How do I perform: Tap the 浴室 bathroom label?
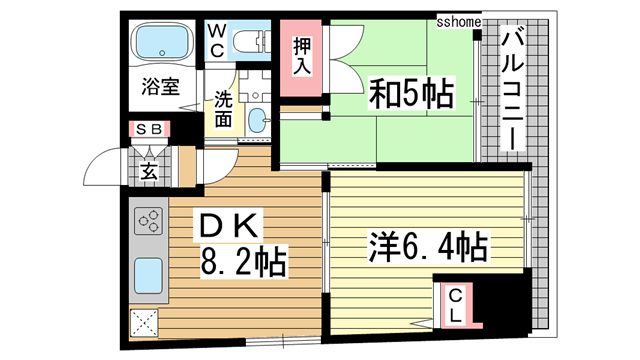[161, 87]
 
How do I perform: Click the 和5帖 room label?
[410, 97]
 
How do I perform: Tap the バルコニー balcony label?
[513, 90]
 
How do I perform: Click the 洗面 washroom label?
[222, 110]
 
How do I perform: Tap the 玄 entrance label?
[149, 169]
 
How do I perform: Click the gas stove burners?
[150, 219]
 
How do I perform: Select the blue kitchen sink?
[149, 271]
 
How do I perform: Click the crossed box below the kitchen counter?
[144, 322]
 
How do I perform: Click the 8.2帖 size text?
[245, 264]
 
